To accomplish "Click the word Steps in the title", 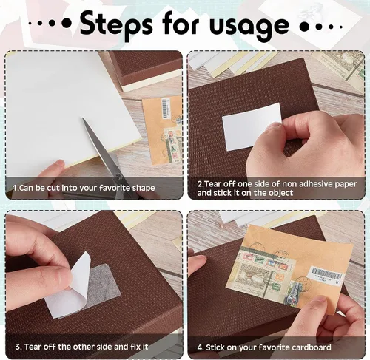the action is tap(116, 24).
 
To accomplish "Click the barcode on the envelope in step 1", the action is tap(165, 107).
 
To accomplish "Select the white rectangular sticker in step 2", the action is tap(251, 126).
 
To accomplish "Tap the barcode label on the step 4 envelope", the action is tap(326, 276).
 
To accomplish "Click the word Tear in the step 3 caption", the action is tap(33, 347).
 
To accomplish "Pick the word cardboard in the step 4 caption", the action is tap(312, 347).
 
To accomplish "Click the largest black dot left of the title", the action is tap(67, 24).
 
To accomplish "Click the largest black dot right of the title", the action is tap(304, 27).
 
